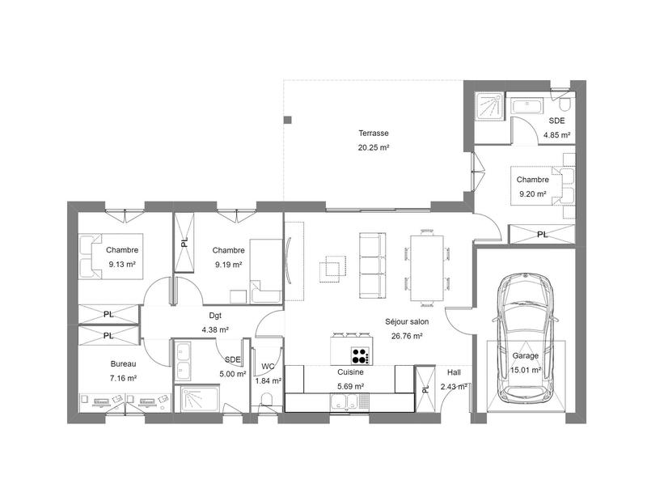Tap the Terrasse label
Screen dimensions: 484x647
click(x=374, y=133)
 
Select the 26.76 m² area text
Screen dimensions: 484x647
click(x=407, y=335)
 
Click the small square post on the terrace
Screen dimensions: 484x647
click(x=287, y=120)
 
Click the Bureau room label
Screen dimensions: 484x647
click(x=124, y=364)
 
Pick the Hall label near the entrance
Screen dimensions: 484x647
click(x=454, y=372)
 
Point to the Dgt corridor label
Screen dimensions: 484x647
click(x=215, y=316)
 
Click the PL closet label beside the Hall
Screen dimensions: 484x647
click(x=425, y=389)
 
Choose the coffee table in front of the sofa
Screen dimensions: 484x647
click(x=330, y=267)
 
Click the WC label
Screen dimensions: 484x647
click(x=268, y=367)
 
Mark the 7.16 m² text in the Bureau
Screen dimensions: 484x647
click(x=124, y=378)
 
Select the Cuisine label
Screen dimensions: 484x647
click(x=350, y=373)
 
